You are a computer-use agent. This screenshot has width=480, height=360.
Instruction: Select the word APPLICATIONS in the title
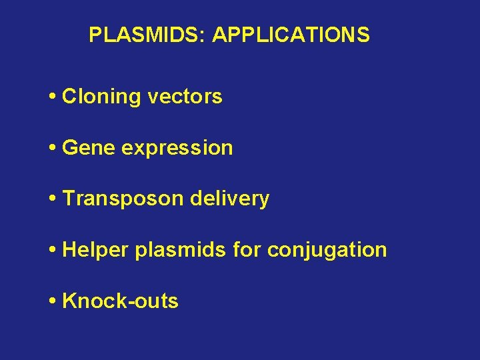pos(291,35)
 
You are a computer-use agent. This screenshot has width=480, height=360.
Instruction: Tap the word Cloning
pos(101,97)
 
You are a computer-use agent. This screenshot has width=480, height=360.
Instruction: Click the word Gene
pos(89,148)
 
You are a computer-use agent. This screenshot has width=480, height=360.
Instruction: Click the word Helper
pos(95,251)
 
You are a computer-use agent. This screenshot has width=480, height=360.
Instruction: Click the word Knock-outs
pos(120,301)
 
